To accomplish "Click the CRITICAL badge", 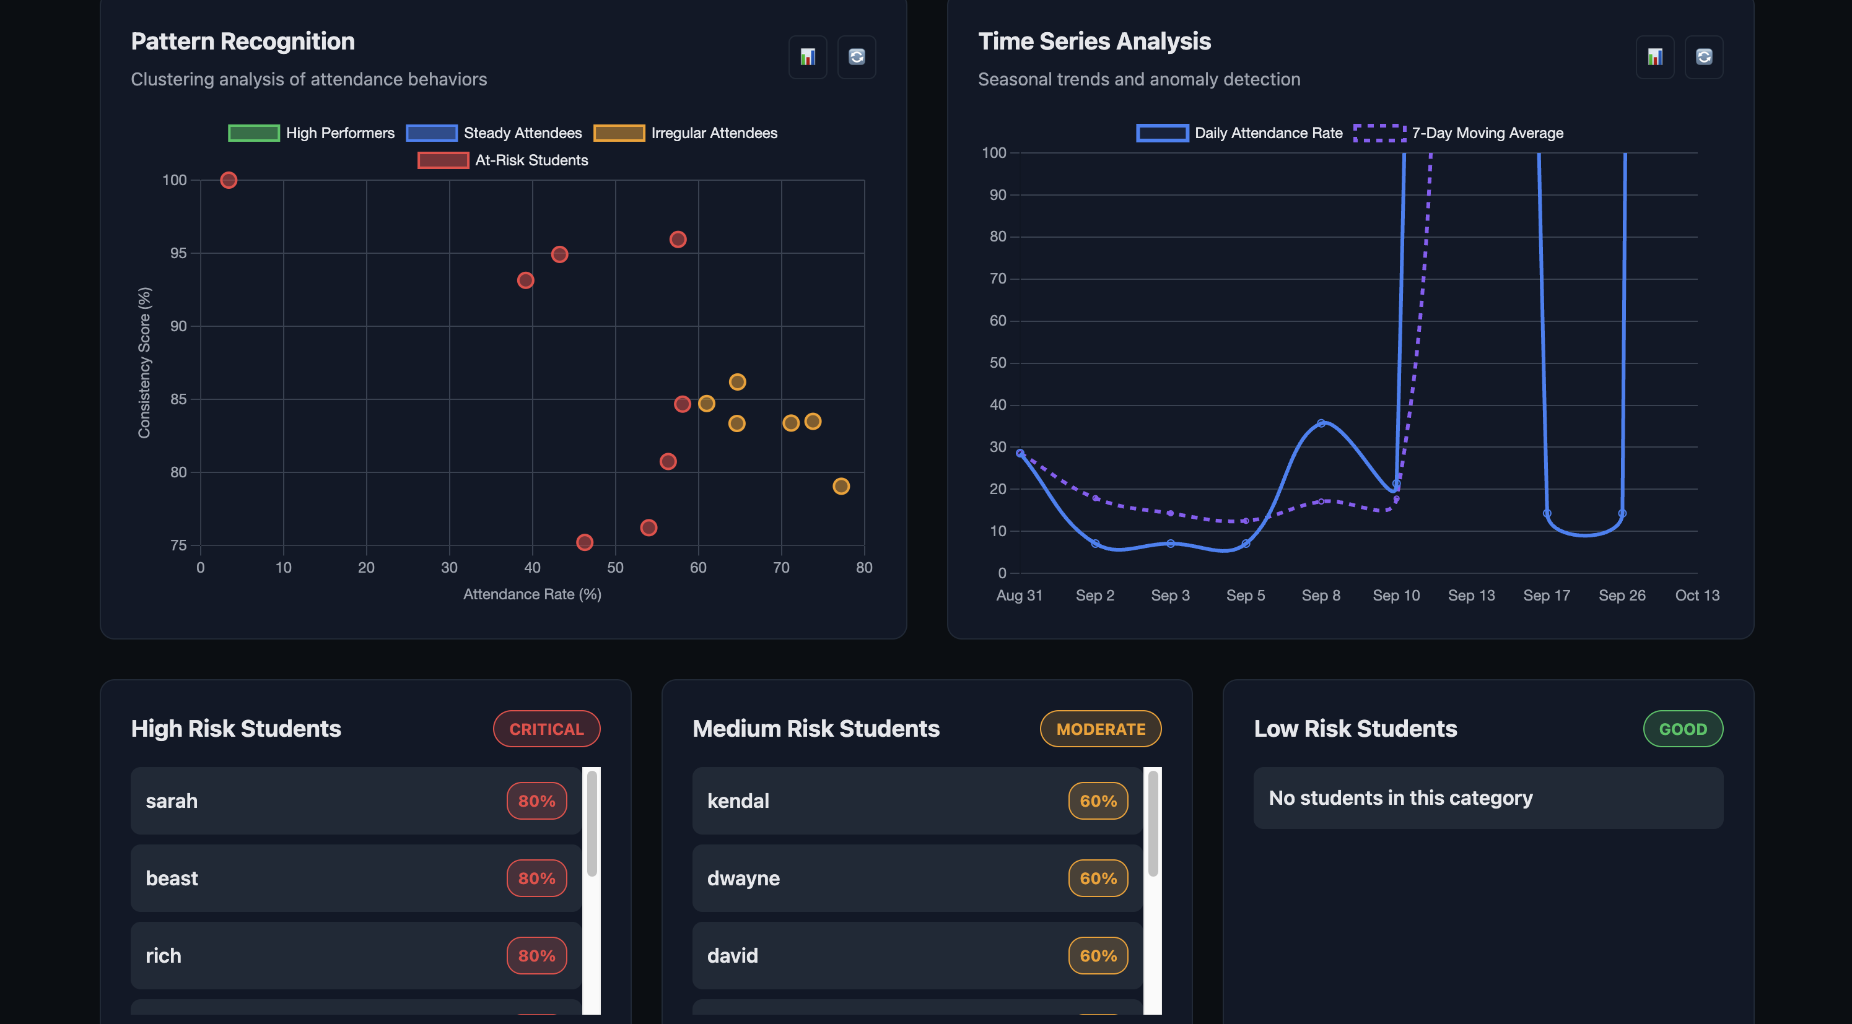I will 546,729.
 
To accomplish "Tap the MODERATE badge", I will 1100,729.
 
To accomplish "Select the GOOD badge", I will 1682,729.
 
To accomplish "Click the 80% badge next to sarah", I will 536,801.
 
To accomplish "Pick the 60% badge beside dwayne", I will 1098,878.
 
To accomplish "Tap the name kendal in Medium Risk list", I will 738,801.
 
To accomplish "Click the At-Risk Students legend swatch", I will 443,160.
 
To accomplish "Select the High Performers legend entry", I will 312,133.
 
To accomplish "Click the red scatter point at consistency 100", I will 229,180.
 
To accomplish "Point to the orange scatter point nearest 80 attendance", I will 841,487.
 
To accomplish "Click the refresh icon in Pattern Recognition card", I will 856,57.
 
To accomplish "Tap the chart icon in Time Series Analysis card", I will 1654,57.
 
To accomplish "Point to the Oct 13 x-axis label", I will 1697,595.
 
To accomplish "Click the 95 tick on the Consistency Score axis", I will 178,253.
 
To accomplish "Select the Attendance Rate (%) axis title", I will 532,594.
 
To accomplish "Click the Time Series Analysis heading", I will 1094,41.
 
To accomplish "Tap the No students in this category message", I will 1400,797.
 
